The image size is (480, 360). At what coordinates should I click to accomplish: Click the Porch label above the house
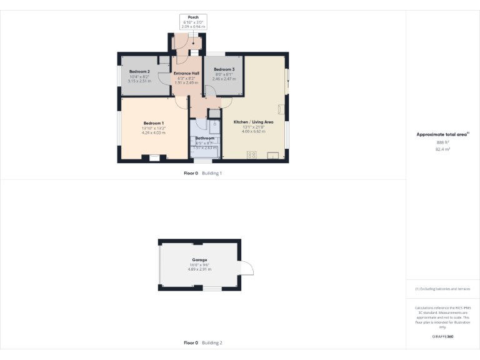coord(192,17)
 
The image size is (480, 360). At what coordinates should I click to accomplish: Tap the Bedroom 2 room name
coord(139,72)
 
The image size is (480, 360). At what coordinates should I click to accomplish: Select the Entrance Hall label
coord(186,73)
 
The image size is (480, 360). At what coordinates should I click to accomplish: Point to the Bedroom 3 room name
coord(224,69)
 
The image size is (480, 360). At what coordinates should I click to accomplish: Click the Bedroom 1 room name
coord(153,123)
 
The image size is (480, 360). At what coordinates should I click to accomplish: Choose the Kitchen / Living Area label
coord(253,122)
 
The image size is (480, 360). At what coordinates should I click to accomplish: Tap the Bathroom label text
coord(205,138)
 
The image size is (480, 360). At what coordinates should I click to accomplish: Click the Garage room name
coord(199,260)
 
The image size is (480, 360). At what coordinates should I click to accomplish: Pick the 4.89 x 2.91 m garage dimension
coord(200,269)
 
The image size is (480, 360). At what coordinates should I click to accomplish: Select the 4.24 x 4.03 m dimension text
coord(153,132)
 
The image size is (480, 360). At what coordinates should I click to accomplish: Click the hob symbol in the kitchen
coord(252,154)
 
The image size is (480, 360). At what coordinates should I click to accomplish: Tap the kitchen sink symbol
coord(272,154)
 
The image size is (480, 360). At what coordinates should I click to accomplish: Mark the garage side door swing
coord(247,267)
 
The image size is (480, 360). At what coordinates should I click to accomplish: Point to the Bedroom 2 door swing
coord(165,62)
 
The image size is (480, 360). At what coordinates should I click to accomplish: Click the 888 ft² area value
coord(442,142)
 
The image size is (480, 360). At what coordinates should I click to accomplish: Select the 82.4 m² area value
coord(442,149)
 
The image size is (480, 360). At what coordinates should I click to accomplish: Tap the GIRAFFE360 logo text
coord(442,337)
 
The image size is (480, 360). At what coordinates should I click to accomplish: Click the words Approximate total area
coord(441,134)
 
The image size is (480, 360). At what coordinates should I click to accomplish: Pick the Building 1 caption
coord(212,173)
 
